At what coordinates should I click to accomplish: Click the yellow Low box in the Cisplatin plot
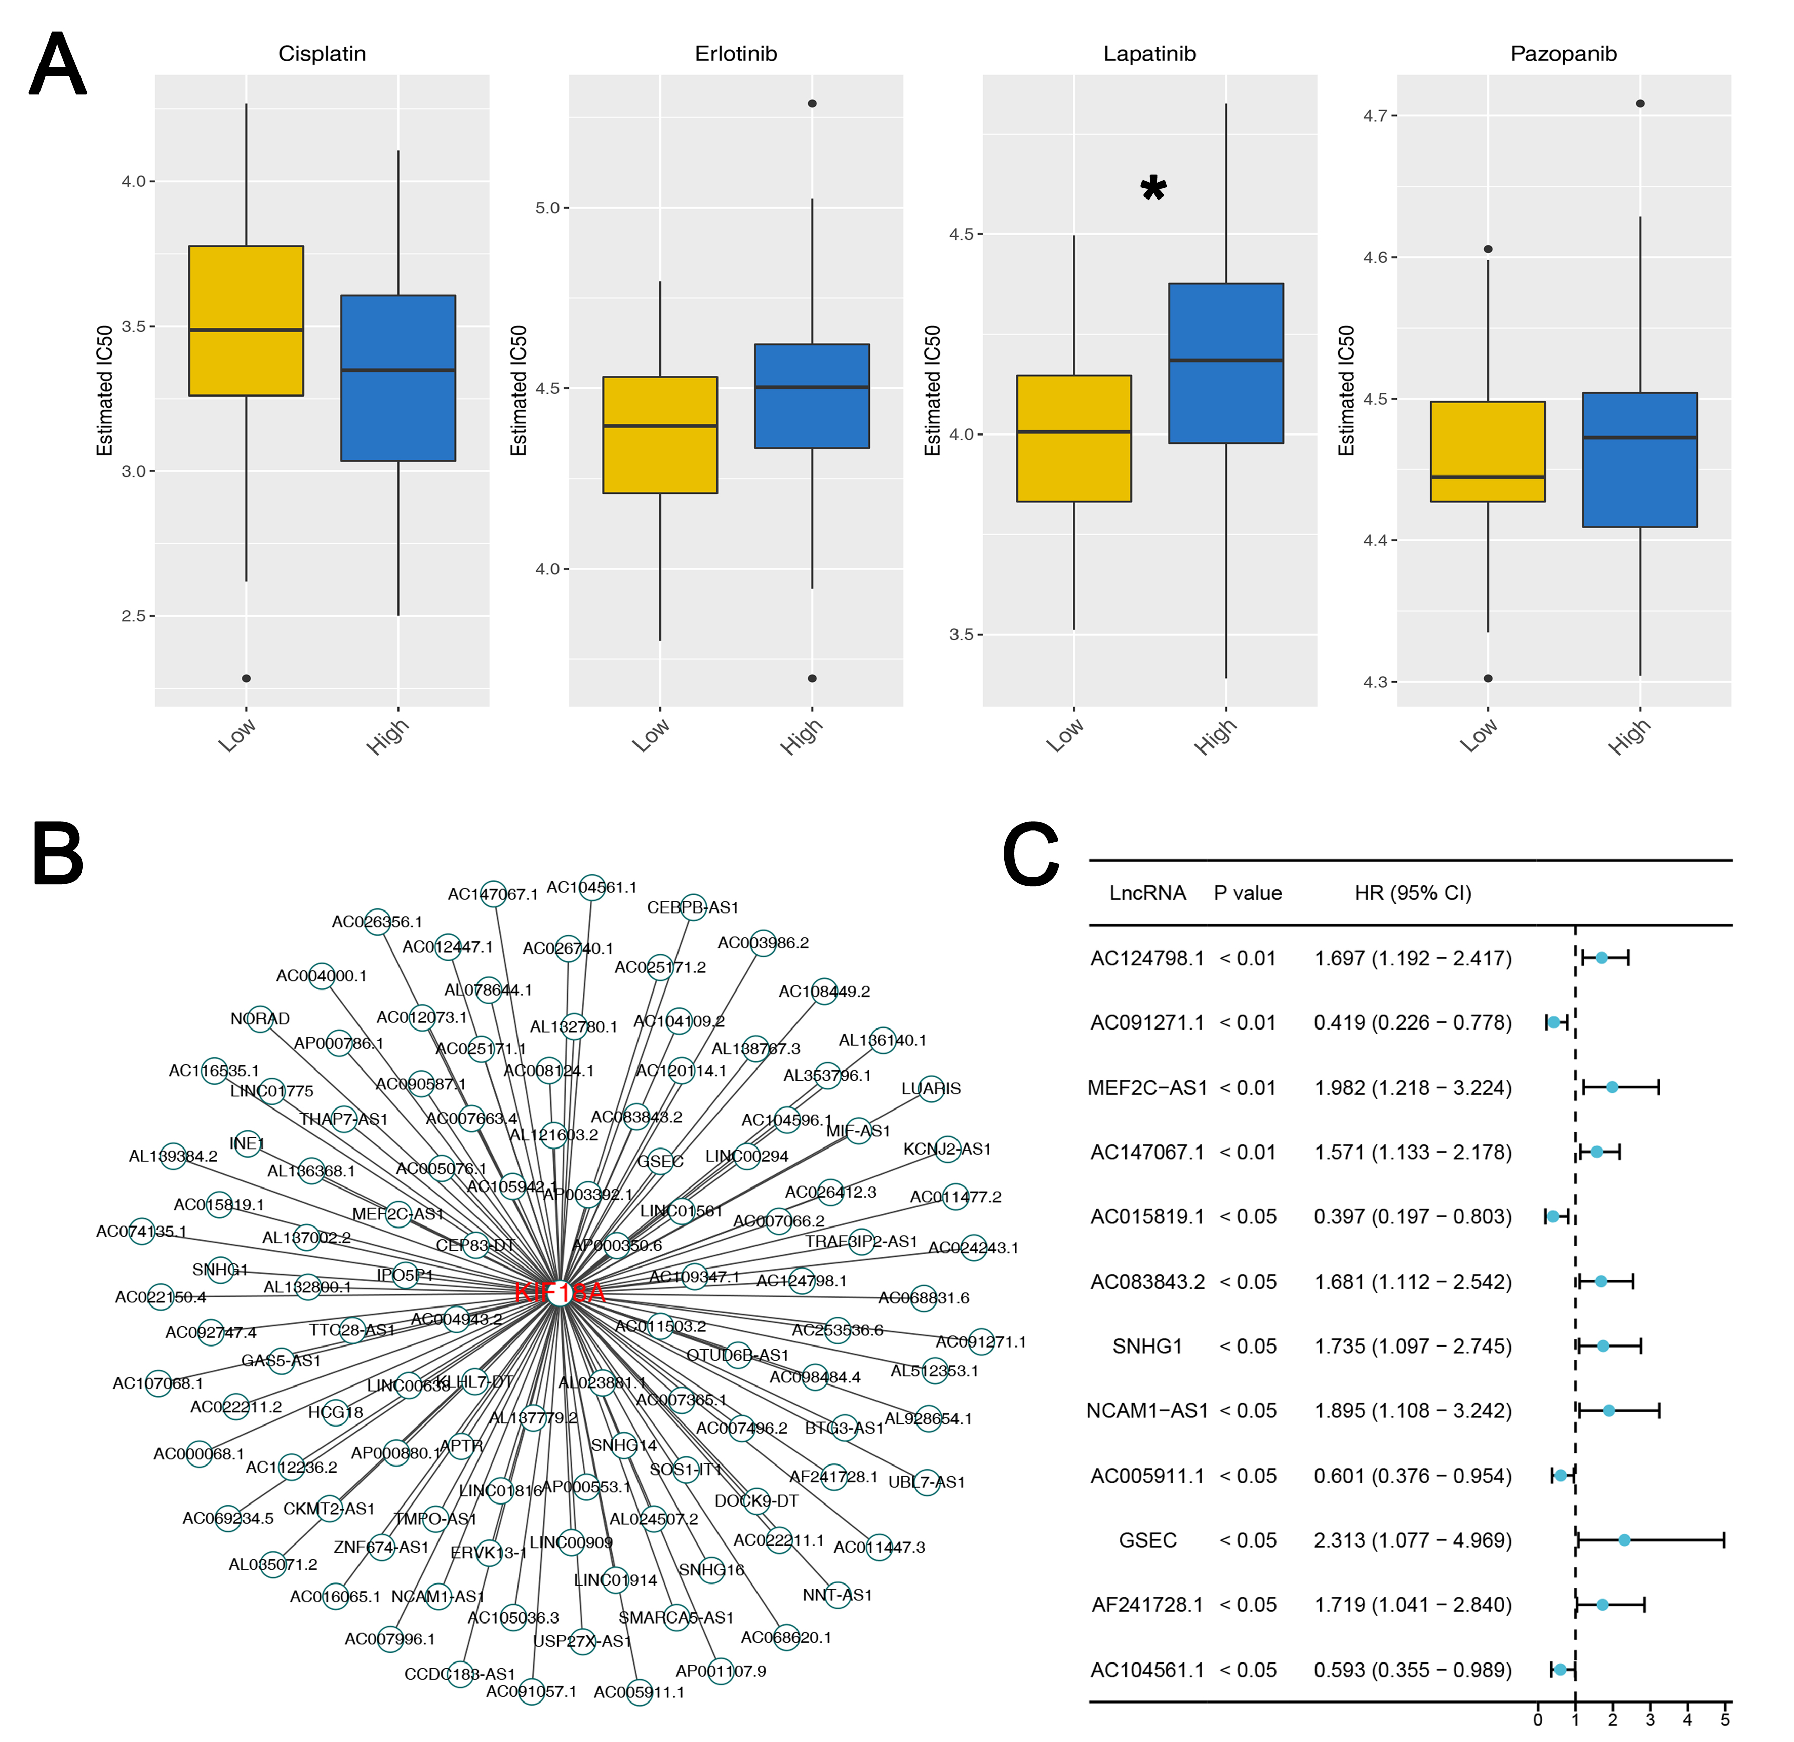coord(245,321)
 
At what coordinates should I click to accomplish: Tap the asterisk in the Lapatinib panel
coord(1153,189)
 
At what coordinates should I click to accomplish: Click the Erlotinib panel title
coord(736,54)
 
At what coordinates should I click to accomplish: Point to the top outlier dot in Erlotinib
coord(812,103)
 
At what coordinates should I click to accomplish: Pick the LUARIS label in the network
coord(931,1088)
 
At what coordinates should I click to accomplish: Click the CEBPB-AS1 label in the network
coord(693,907)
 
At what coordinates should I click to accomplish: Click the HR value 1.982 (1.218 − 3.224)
coord(1412,1088)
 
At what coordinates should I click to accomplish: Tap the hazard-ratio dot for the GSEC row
coord(1625,1540)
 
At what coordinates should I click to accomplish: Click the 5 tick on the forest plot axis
coord(1725,1719)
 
